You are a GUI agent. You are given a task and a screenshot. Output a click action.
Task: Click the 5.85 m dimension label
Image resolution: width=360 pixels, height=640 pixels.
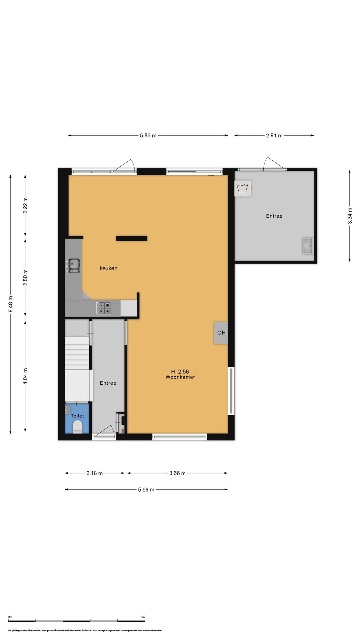pos(148,135)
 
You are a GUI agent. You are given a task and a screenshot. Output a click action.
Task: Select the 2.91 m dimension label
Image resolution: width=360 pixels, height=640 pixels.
pos(274,135)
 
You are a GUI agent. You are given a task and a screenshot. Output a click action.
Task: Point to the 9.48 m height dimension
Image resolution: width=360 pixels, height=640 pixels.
pos(11,304)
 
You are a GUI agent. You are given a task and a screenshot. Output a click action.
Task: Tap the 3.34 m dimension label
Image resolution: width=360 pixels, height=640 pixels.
pos(350,216)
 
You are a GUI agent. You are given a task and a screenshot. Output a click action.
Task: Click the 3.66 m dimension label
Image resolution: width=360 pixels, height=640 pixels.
pos(177,473)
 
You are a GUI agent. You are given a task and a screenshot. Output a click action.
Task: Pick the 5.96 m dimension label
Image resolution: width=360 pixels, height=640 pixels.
pos(146,490)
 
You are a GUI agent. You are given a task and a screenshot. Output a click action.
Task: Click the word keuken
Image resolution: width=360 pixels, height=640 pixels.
pos(108,268)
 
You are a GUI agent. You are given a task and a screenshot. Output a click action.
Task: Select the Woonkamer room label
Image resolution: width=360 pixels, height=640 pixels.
pos(180,377)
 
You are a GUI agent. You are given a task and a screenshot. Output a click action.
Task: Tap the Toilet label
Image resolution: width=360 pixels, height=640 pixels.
pos(77,416)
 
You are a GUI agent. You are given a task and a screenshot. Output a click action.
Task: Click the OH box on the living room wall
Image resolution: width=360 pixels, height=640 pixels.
pos(221,333)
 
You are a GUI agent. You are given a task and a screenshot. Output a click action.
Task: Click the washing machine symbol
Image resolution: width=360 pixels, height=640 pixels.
pos(243,188)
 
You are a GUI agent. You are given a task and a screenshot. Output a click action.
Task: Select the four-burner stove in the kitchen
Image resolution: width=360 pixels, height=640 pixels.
pos(104,308)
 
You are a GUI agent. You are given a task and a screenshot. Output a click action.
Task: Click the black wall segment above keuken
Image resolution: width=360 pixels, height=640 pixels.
pos(132,238)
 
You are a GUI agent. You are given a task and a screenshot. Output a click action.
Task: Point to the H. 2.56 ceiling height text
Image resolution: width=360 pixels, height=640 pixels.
pos(180,372)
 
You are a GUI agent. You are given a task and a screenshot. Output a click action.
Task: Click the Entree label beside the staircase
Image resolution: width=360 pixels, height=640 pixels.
pos(108,383)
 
